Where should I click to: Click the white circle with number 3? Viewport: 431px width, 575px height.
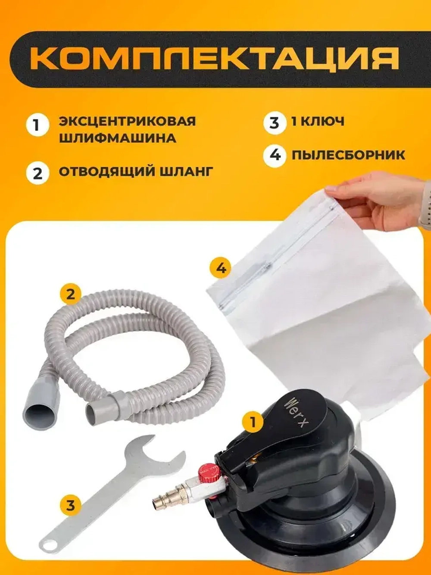pyautogui.click(x=275, y=122)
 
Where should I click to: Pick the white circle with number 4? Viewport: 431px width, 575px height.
pyautogui.click(x=275, y=154)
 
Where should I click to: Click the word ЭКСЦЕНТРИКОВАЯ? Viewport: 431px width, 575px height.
pyautogui.click(x=127, y=121)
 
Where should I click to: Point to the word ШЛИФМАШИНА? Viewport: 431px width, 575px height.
pyautogui.click(x=117, y=138)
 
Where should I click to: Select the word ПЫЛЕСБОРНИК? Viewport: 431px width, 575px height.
pyautogui.click(x=348, y=154)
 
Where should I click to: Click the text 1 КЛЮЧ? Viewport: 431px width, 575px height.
pyautogui.click(x=318, y=121)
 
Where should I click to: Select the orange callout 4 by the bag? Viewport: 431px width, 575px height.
pyautogui.click(x=221, y=268)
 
